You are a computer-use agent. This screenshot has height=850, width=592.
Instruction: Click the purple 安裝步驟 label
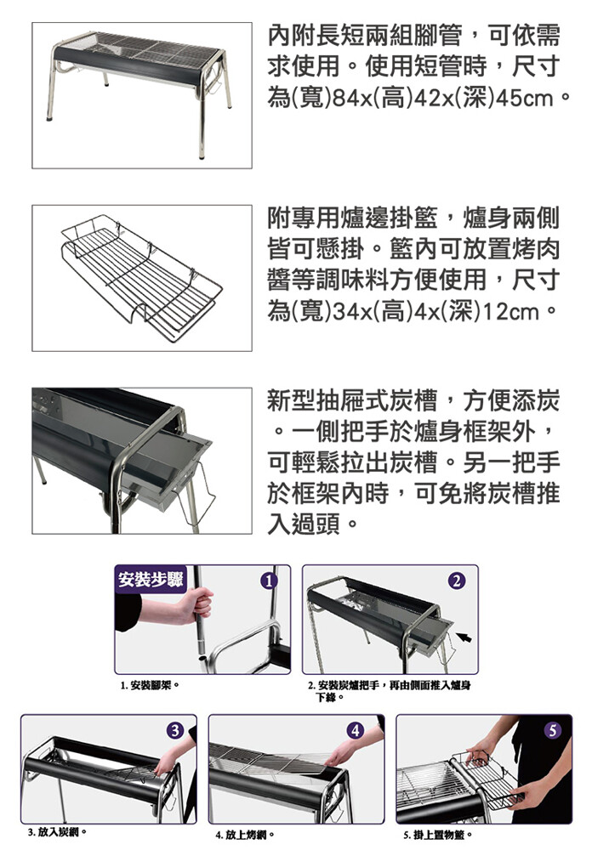[x=151, y=580]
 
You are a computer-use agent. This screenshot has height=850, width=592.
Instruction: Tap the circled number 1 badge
[x=269, y=581]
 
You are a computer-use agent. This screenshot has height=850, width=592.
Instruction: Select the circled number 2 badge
[x=457, y=581]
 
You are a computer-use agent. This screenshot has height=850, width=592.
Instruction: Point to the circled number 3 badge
[x=174, y=731]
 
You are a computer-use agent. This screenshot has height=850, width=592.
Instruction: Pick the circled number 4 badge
[x=355, y=731]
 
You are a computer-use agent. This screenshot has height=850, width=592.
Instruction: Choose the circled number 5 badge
[x=552, y=731]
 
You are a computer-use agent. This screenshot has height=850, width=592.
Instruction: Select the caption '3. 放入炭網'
[x=58, y=831]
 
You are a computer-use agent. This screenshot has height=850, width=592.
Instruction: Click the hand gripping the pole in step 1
[x=196, y=603]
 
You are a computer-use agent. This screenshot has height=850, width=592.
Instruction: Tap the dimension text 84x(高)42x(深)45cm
[x=443, y=98]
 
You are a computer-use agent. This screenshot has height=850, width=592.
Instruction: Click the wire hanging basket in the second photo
[x=142, y=278]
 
